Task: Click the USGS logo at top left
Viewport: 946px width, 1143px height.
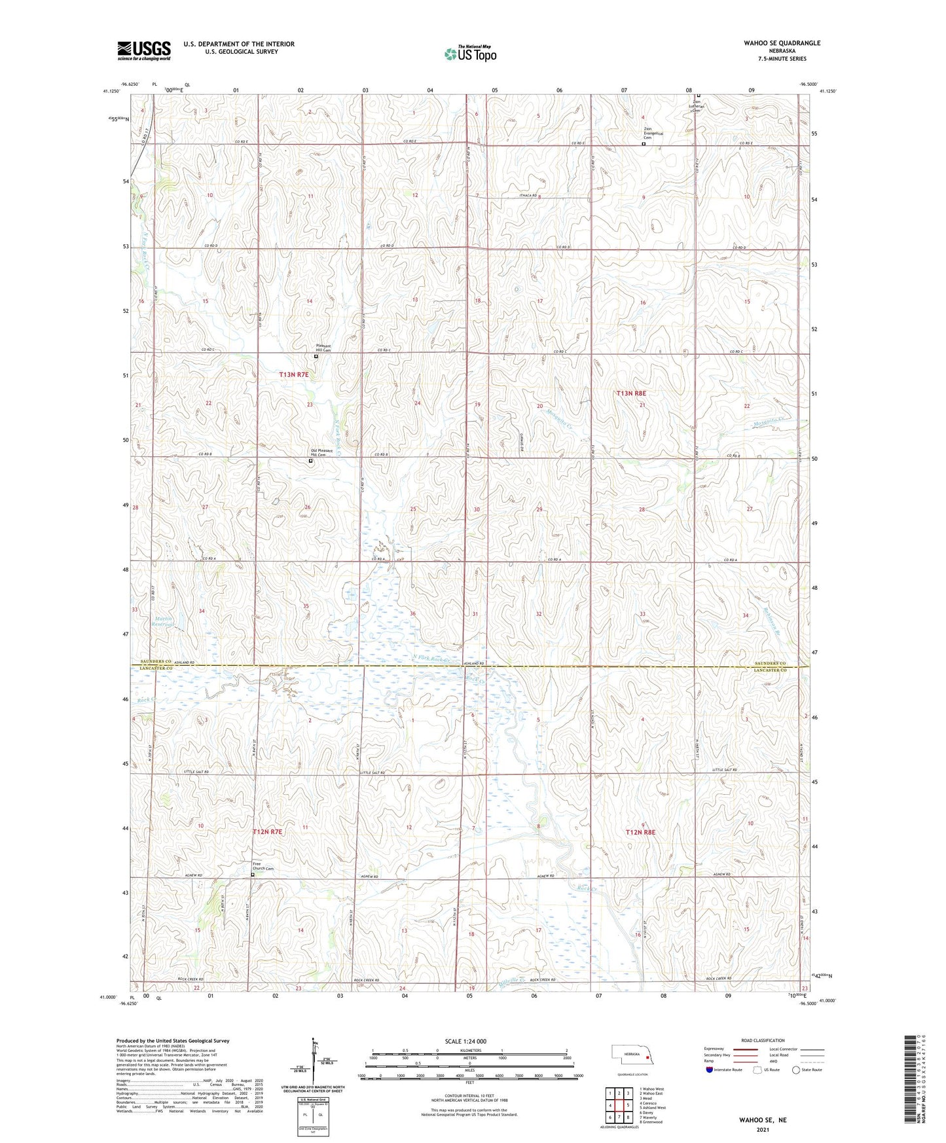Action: (144, 50)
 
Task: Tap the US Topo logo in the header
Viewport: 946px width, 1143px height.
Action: (469, 54)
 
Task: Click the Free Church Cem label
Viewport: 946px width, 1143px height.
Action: (263, 867)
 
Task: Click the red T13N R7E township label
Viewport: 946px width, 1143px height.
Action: (293, 375)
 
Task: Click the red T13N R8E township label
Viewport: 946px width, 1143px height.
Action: (631, 393)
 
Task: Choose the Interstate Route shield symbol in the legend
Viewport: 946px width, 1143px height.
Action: (710, 1070)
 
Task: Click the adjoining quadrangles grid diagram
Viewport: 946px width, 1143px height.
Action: (619, 1106)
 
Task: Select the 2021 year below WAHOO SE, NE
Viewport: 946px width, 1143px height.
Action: (762, 1129)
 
